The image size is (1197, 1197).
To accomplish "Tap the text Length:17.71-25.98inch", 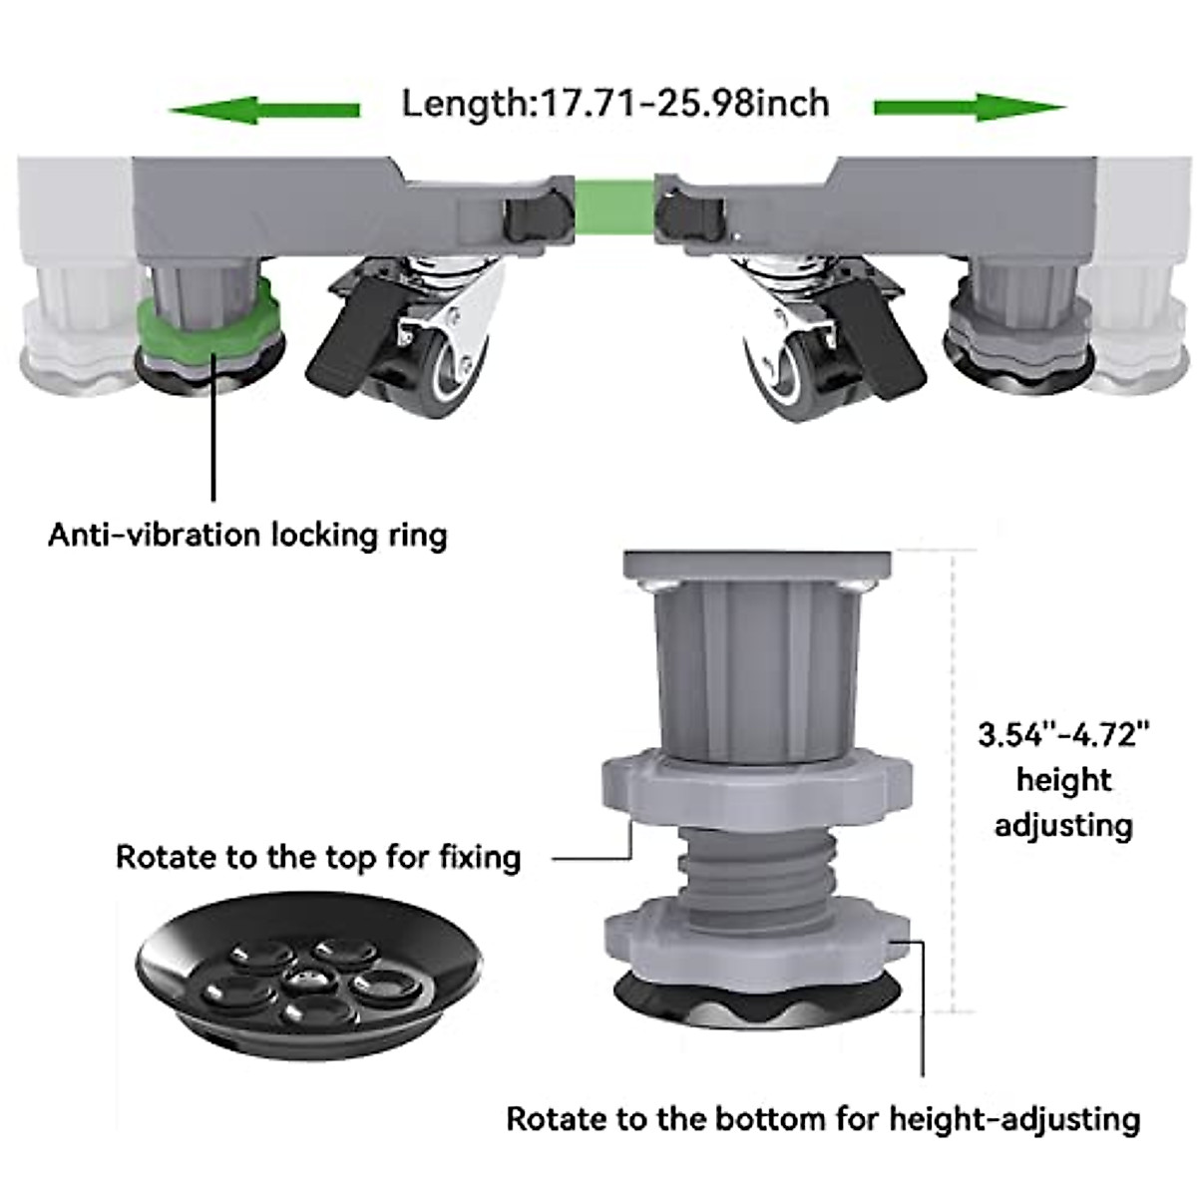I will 614,103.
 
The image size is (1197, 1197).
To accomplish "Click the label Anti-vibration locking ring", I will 247,535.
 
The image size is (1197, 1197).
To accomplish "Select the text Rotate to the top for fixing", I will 318,857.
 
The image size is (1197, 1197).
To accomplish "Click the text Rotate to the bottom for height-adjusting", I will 823,1118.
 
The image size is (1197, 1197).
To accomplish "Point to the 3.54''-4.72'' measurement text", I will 1063,736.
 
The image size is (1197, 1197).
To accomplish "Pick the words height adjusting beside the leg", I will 1063,802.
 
